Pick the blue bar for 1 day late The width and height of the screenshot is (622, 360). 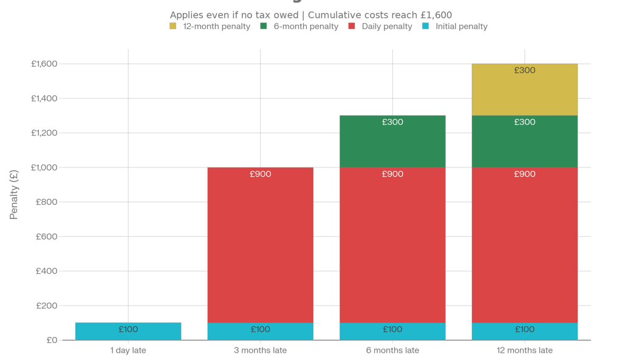pyautogui.click(x=128, y=331)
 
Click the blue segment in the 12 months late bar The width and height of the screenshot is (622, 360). pyautogui.click(x=524, y=331)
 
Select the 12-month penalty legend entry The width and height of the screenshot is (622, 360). pyautogui.click(x=210, y=27)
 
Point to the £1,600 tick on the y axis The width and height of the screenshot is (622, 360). pyautogui.click(x=44, y=64)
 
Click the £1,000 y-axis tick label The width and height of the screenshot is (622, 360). pyautogui.click(x=44, y=168)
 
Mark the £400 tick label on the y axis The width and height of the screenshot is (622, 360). pyautogui.click(x=46, y=271)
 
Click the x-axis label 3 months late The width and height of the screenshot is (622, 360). pyautogui.click(x=260, y=350)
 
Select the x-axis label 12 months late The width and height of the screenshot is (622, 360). pyautogui.click(x=524, y=350)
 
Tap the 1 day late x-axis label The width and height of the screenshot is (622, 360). pyautogui.click(x=128, y=350)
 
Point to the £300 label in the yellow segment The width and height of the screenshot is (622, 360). pyautogui.click(x=524, y=70)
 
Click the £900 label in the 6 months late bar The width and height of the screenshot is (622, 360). pyautogui.click(x=392, y=174)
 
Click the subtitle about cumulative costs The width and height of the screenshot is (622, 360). pyautogui.click(x=310, y=15)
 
